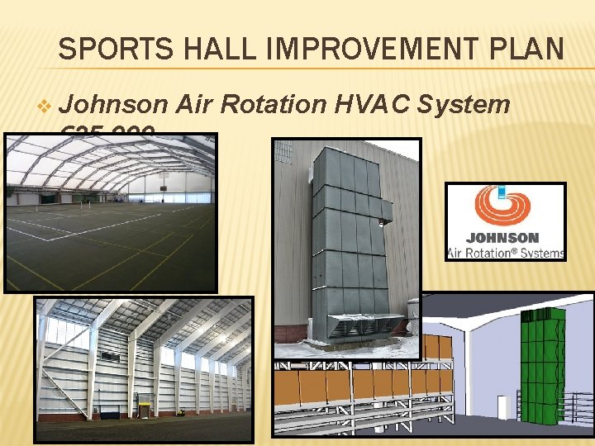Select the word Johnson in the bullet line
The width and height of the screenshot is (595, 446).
[115, 104]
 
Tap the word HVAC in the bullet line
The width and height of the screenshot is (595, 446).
[372, 104]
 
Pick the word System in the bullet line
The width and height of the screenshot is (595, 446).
[464, 104]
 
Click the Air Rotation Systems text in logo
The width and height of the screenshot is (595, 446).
[506, 253]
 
